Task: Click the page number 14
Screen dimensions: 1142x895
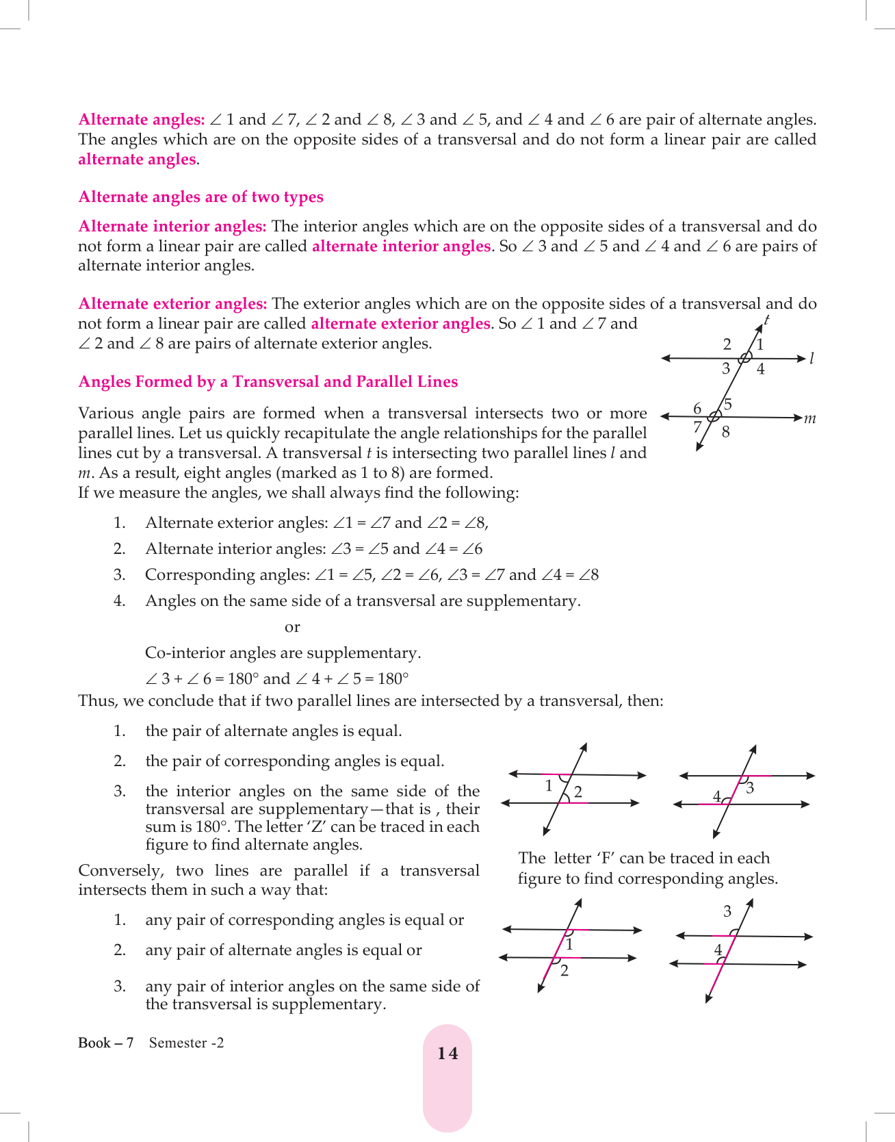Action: click(x=447, y=1054)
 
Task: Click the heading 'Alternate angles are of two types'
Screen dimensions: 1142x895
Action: click(x=200, y=197)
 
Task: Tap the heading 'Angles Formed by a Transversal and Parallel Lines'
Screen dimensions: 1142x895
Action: click(x=268, y=382)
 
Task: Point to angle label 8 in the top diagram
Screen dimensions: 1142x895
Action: click(x=726, y=432)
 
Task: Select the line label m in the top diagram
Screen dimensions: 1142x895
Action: click(x=810, y=418)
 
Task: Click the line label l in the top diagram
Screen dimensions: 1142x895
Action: click(x=812, y=358)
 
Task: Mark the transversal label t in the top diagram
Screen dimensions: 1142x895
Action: click(x=767, y=320)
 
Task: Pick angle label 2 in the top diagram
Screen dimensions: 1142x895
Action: click(x=727, y=344)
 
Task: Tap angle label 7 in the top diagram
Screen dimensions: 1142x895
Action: click(x=697, y=428)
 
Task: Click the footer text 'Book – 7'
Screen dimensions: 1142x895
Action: click(x=105, y=1043)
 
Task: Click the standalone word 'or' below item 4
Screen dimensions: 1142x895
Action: click(x=292, y=627)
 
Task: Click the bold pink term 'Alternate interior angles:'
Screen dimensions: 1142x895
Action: click(x=172, y=227)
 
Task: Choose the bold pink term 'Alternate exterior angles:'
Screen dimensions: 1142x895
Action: click(x=172, y=304)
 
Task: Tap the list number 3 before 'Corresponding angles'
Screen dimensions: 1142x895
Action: click(x=119, y=575)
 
